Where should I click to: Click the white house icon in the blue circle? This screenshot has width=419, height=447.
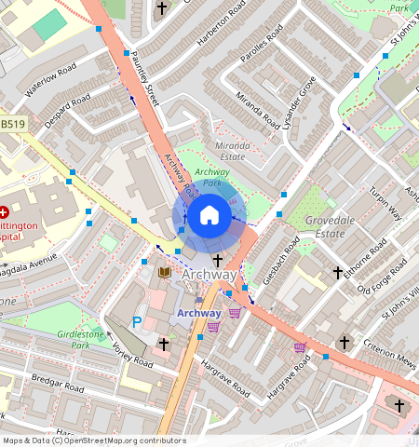tap(209, 217)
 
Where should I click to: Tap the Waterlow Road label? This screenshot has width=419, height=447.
tap(50, 79)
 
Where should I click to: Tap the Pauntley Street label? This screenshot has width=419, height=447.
tap(147, 80)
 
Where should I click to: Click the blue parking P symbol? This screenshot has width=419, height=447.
tap(137, 322)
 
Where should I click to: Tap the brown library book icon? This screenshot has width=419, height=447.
tap(164, 272)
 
